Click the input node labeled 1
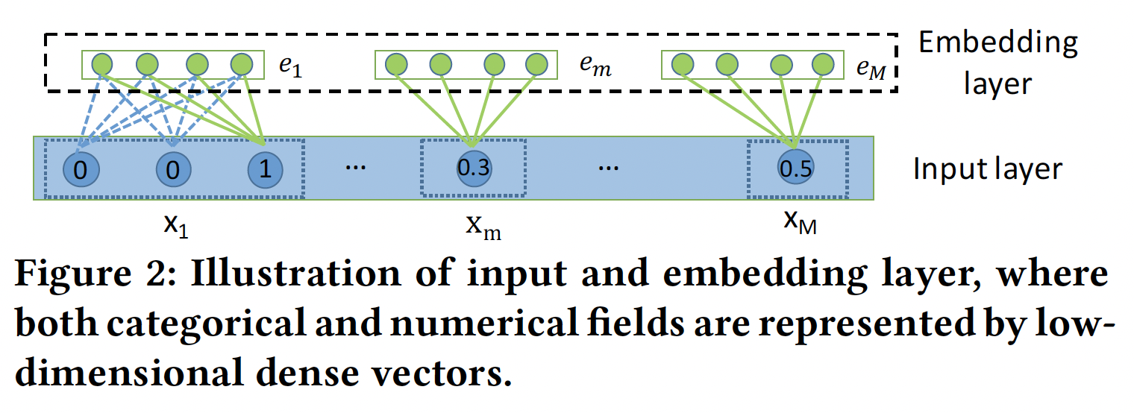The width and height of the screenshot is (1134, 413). [x=265, y=169]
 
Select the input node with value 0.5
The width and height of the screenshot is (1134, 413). [x=795, y=169]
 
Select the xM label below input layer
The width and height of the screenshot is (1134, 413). [x=800, y=223]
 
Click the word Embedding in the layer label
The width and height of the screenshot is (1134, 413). [x=997, y=42]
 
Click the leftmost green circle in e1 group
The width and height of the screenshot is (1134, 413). [x=102, y=65]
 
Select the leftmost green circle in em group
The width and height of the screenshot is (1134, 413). [x=396, y=65]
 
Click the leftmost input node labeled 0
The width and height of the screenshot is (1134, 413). [x=81, y=169]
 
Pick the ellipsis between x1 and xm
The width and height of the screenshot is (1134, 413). [x=354, y=168]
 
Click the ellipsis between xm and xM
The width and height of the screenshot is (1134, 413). [x=609, y=168]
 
